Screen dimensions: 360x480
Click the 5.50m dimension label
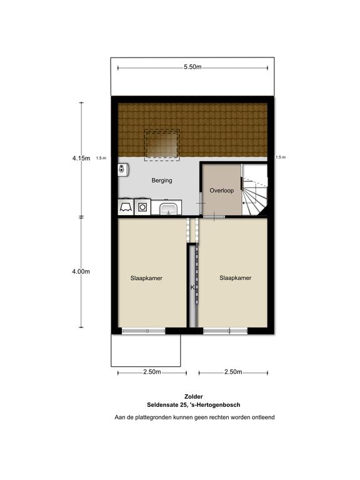(192, 67)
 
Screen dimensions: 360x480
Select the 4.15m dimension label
(81, 158)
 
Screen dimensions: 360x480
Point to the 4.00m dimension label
(81, 271)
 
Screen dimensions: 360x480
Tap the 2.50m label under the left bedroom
(152, 372)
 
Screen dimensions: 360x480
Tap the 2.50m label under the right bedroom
(233, 372)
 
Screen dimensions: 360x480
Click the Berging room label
(162, 181)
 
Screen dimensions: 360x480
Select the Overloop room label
(222, 191)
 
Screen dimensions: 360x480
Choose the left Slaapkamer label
(146, 278)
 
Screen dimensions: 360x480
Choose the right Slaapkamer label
(236, 278)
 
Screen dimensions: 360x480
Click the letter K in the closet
(192, 287)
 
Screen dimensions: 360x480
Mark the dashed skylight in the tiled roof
(162, 144)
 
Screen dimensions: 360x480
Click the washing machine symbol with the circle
(142, 207)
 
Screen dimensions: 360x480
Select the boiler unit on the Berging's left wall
(123, 169)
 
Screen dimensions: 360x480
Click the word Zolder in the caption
(194, 397)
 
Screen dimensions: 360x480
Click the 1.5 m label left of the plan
(101, 158)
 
